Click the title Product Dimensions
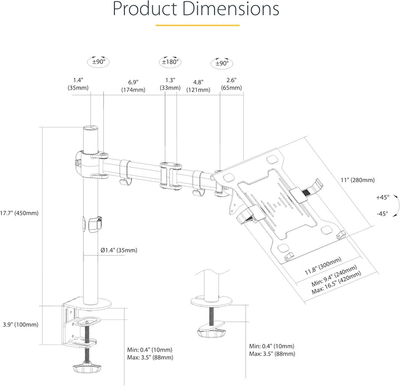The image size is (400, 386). pos(196,9)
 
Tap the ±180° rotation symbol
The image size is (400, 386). pos(170,62)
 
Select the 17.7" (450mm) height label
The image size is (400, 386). pos(19,213)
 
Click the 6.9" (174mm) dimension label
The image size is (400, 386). pos(133,86)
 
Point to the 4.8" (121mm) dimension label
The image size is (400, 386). pos(198,86)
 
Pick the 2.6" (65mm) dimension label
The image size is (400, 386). pos(231,84)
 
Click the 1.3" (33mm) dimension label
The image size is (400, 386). pos(170,84)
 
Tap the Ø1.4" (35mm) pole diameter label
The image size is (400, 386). pos(119,250)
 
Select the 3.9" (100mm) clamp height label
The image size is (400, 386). pos(21,324)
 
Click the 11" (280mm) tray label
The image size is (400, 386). pos(358,180)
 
